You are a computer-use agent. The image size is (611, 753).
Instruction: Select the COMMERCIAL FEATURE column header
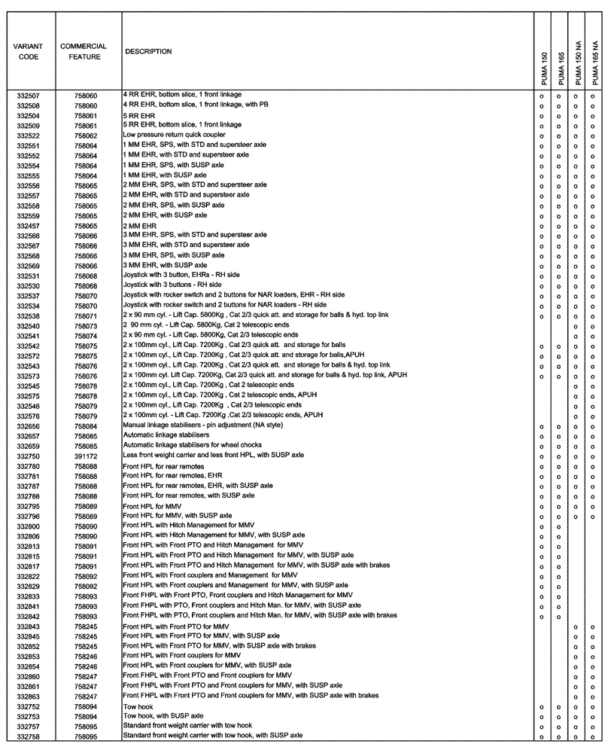point(83,51)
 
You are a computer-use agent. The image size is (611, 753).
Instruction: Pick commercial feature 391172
point(86,456)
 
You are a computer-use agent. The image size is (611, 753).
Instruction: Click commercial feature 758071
point(86,316)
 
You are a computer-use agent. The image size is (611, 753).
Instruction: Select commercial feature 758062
point(86,136)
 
